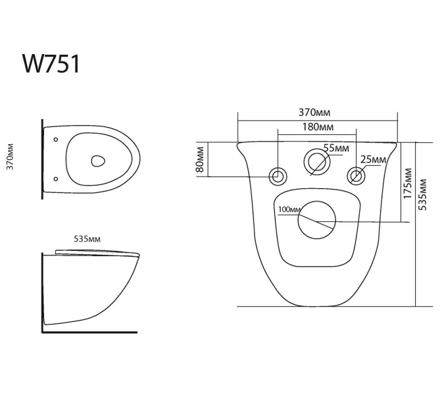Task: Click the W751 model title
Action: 51,65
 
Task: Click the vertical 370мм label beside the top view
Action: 10,158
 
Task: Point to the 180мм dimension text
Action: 318,125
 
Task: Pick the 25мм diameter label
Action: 373,159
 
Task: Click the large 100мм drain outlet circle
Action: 316,221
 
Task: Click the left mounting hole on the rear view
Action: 278,176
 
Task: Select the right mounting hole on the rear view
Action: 356,176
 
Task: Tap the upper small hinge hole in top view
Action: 55,140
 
